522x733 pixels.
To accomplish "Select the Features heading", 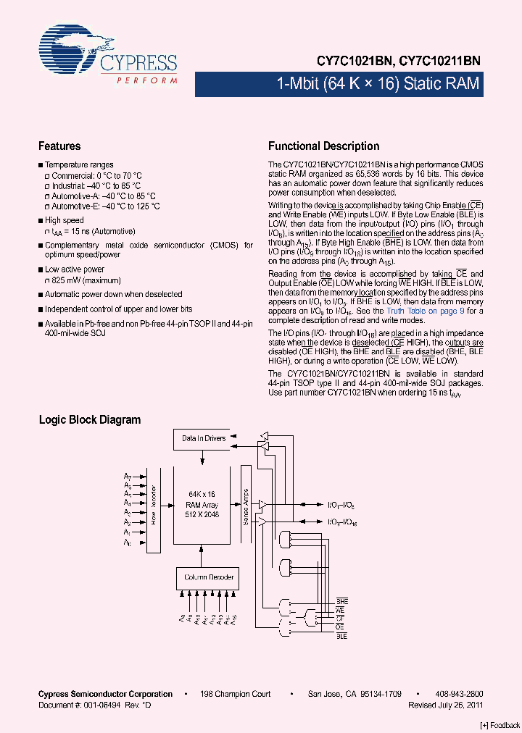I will pyautogui.click(x=59, y=146).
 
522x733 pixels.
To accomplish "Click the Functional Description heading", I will pyautogui.click(x=323, y=146).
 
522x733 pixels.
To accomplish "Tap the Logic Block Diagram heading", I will pyautogui.click(x=90, y=419).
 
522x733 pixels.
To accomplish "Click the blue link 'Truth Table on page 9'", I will pyautogui.click(x=423, y=311).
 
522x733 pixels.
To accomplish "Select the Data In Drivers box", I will pyautogui.click(x=204, y=438).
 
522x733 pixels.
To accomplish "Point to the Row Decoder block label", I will pyautogui.click(x=154, y=505).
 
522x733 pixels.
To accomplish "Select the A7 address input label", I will pyautogui.click(x=127, y=476).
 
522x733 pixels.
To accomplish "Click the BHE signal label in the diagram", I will pyautogui.click(x=341, y=602).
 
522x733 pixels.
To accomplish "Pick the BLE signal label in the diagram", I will pyautogui.click(x=341, y=635).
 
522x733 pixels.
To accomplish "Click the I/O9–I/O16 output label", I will pyautogui.click(x=341, y=522).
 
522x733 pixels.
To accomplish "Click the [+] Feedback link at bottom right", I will pyautogui.click(x=500, y=726).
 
